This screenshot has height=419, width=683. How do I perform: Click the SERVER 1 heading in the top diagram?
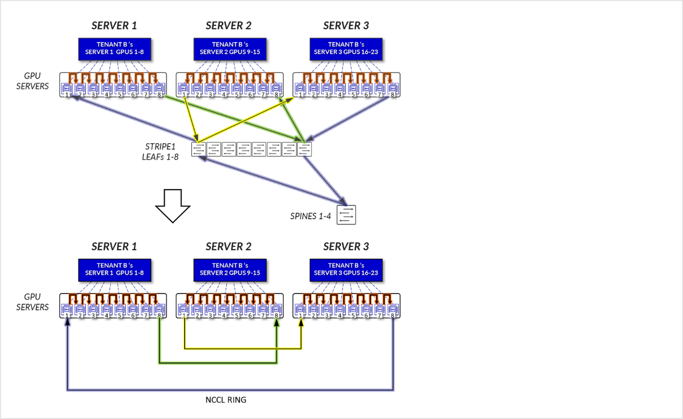pos(114,26)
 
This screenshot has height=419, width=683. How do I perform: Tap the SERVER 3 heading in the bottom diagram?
pos(346,246)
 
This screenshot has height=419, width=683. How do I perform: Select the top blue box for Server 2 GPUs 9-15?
pos(230,49)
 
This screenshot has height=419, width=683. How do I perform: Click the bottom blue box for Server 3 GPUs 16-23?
pos(346,270)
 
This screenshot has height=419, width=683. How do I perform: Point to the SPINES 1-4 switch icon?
pos(346,215)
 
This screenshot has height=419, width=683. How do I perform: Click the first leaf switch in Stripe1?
pos(199,149)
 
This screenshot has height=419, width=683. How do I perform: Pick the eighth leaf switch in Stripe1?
pos(305,149)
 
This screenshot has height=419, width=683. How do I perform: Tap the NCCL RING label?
pos(225,400)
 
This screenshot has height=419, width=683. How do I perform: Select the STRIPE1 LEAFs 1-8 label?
pos(160,152)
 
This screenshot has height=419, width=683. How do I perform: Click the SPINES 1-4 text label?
pos(310,216)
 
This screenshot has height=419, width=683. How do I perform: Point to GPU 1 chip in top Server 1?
pos(67,88)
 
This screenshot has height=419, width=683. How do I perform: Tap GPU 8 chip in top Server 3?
pos(393,88)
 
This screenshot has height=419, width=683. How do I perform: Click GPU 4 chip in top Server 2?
pos(223,88)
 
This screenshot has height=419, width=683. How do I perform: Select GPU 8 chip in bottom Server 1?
pos(159,309)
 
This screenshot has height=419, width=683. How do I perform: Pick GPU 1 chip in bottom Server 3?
pos(300,309)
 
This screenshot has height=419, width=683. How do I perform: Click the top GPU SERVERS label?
pos(33,81)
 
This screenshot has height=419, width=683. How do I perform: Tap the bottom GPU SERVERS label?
pos(33,302)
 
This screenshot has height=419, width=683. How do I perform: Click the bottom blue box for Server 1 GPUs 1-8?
pos(115,270)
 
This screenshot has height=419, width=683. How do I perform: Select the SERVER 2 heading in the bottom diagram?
pos(229,246)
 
